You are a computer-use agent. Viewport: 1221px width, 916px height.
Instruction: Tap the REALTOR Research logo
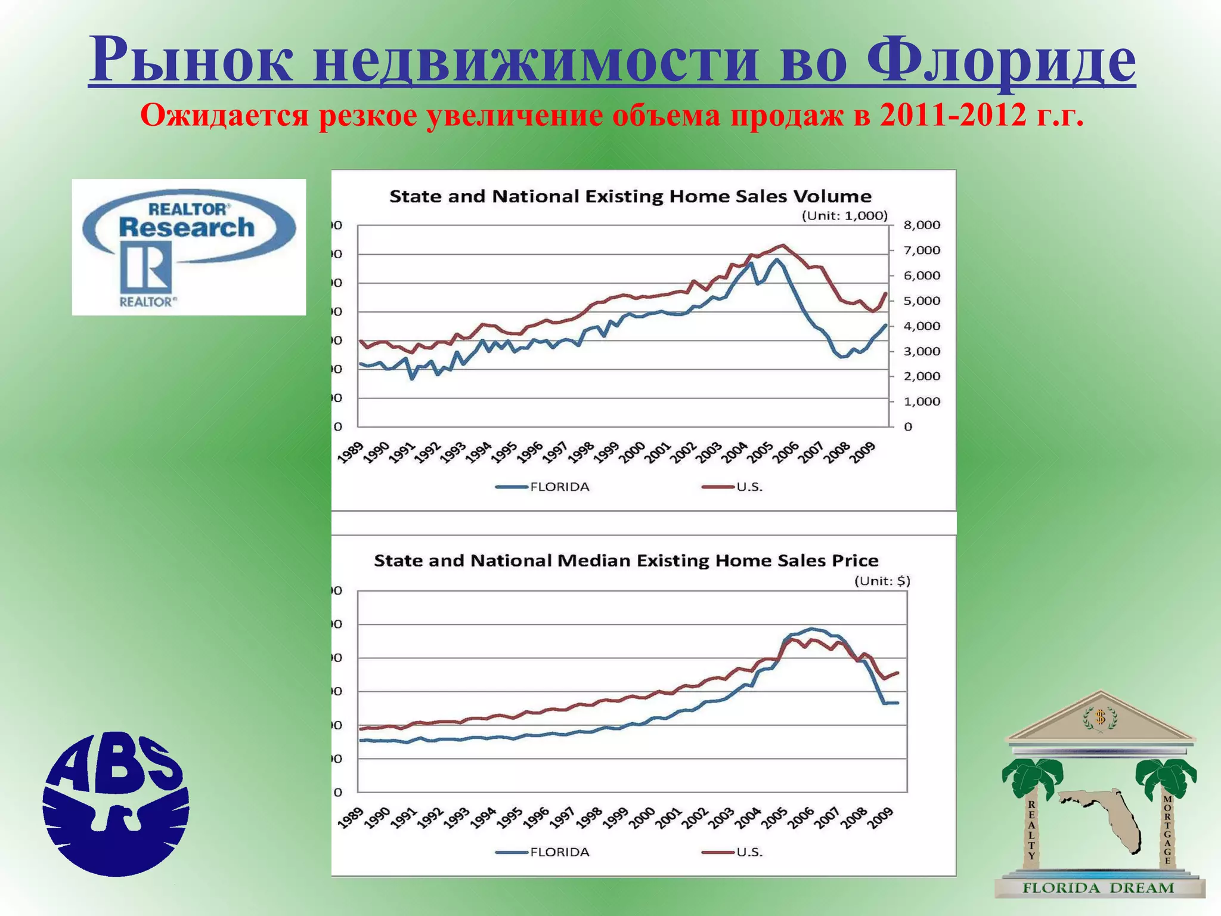pyautogui.click(x=188, y=247)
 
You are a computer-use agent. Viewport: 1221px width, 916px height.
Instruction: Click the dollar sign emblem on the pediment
pyautogui.click(x=1100, y=717)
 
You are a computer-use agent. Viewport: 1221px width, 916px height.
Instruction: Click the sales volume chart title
pyautogui.click(x=630, y=196)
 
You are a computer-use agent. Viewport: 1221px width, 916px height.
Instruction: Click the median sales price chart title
pyautogui.click(x=626, y=561)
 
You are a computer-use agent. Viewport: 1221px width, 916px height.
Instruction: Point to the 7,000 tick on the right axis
pyautogui.click(x=922, y=250)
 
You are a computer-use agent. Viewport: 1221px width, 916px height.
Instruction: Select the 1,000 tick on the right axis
pyautogui.click(x=922, y=402)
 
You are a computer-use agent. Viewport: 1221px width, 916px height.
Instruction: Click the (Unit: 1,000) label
pyautogui.click(x=844, y=216)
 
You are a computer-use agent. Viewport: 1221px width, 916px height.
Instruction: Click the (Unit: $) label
pyautogui.click(x=882, y=581)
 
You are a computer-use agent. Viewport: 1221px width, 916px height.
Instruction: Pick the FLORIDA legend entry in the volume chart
pyautogui.click(x=559, y=487)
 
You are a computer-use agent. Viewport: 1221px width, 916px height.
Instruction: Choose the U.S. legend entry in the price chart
pyautogui.click(x=749, y=852)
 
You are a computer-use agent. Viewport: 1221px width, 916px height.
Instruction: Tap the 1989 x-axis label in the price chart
pyautogui.click(x=351, y=818)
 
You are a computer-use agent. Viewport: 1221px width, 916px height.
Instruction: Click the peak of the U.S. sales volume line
pyautogui.click(x=783, y=245)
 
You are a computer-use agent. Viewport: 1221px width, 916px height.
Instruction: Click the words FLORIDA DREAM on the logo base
pyautogui.click(x=1098, y=888)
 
